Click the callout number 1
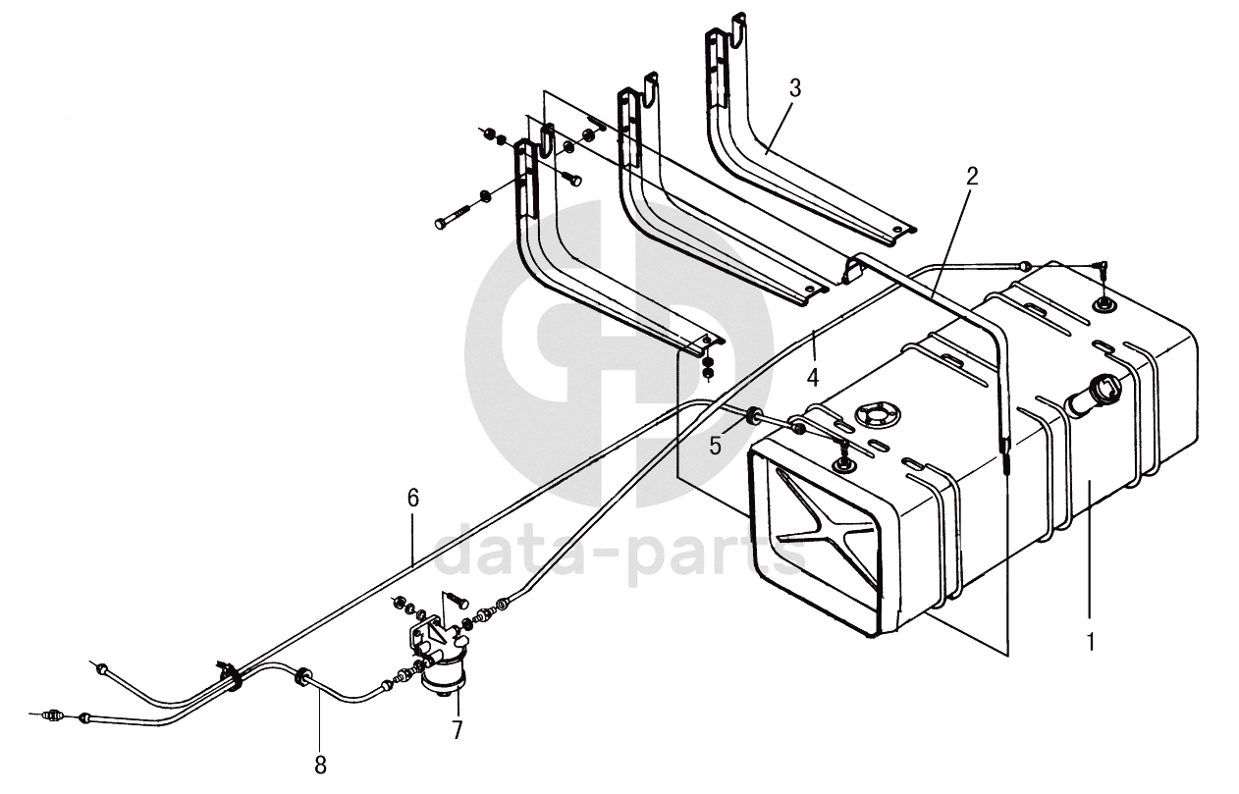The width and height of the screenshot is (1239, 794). (x=1090, y=643)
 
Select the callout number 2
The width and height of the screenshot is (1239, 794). (x=972, y=177)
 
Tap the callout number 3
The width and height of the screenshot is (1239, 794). (x=794, y=88)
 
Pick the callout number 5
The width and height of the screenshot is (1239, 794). (x=716, y=445)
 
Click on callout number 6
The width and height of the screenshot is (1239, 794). (x=413, y=499)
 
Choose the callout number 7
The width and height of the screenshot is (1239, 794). (x=457, y=729)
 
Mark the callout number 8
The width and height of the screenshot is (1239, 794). (x=320, y=762)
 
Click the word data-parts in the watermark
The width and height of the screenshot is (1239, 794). (x=619, y=556)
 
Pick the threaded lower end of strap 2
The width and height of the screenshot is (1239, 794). (x=1007, y=458)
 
